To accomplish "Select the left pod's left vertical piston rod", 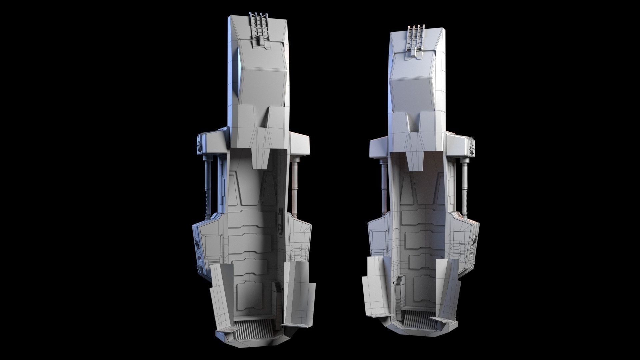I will pos(208,187).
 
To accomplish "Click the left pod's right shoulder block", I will pos(300,143).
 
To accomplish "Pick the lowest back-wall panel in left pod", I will pos(247,297).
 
